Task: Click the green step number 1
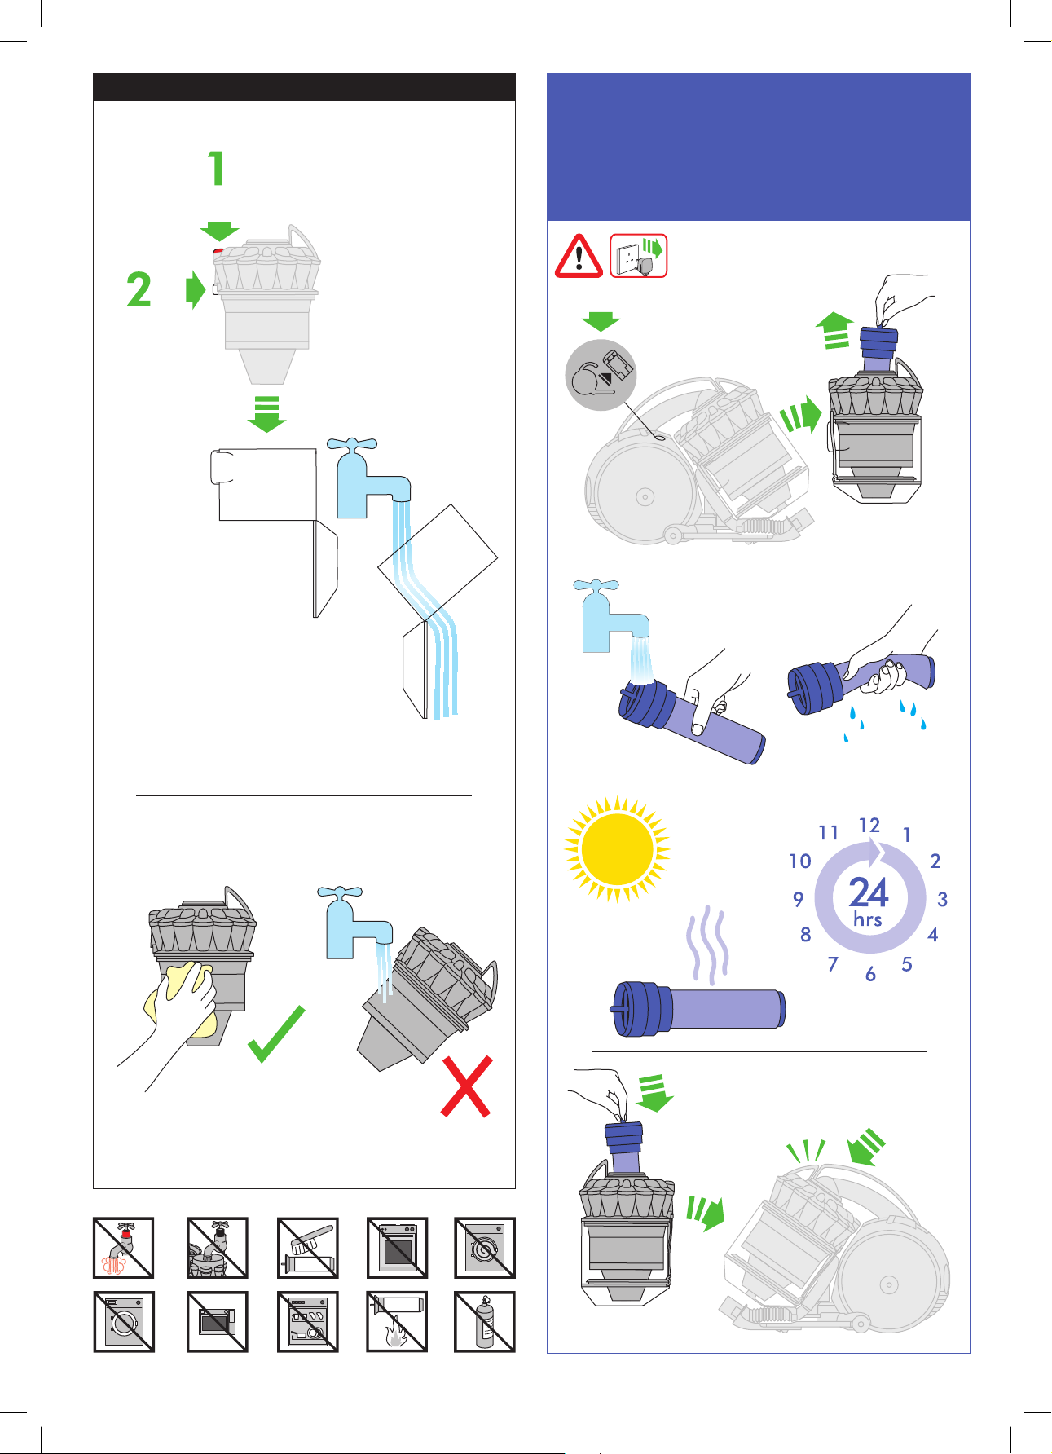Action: (216, 168)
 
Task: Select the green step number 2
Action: (139, 290)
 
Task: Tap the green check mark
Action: (276, 1033)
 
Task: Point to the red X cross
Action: (466, 1086)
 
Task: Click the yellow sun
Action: (617, 849)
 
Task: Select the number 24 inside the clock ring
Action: (869, 892)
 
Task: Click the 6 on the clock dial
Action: (870, 974)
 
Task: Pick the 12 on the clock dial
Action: (869, 825)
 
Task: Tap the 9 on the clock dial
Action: (799, 899)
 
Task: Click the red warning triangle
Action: (579, 256)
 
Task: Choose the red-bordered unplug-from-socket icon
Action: (639, 256)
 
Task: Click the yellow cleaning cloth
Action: (182, 1001)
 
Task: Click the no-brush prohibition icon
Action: (308, 1248)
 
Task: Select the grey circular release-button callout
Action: (601, 375)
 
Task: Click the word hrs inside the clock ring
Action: (868, 919)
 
